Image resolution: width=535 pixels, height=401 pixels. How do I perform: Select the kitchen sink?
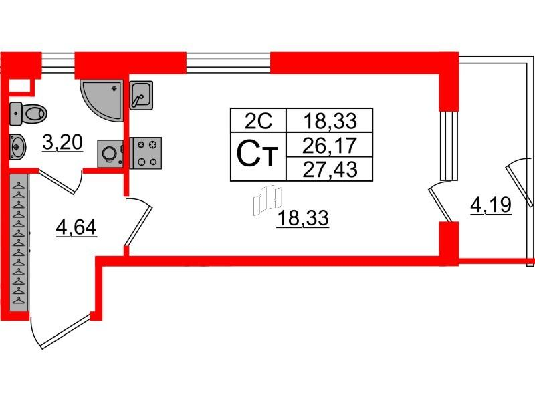click(x=141, y=95)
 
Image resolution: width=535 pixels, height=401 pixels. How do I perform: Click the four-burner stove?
click(x=146, y=153)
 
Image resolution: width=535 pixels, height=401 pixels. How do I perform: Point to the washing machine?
click(x=110, y=154)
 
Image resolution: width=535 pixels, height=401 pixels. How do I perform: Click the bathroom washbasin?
click(x=17, y=147)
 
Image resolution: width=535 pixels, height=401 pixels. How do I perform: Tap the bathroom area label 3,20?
click(x=63, y=142)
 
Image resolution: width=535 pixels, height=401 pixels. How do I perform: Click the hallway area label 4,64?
click(x=76, y=227)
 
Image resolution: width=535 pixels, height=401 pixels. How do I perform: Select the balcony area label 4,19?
click(x=491, y=205)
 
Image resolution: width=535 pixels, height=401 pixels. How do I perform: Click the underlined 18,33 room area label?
click(x=303, y=219)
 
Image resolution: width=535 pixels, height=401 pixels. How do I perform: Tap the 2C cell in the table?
click(x=259, y=121)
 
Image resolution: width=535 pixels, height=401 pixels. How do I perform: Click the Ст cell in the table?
click(x=258, y=156)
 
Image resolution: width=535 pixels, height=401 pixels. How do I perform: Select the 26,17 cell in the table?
click(x=330, y=145)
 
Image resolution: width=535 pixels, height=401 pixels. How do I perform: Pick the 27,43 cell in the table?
click(x=330, y=169)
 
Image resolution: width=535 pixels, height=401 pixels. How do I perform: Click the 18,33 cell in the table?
click(x=330, y=121)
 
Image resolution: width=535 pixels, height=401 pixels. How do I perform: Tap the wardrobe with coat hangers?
click(x=19, y=243)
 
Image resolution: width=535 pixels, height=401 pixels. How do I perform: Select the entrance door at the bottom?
click(x=62, y=331)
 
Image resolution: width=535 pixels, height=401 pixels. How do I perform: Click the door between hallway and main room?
click(x=138, y=222)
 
